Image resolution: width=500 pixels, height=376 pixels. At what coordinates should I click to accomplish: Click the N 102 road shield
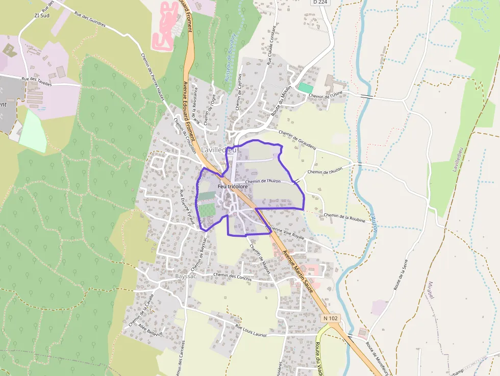[x=331, y=318]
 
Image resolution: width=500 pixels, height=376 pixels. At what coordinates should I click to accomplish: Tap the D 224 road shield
[x=320, y=2]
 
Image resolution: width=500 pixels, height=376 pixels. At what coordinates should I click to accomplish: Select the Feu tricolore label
[x=233, y=187]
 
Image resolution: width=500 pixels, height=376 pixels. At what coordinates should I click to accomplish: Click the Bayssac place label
[x=186, y=276]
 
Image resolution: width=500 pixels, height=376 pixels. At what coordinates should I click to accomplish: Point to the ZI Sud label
[x=41, y=15]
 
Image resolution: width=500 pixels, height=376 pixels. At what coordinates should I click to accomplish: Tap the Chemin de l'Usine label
[x=326, y=95]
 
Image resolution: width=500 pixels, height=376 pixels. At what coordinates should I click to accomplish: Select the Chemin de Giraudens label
[x=297, y=140]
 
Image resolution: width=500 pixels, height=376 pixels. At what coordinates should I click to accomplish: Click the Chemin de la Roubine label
[x=344, y=218]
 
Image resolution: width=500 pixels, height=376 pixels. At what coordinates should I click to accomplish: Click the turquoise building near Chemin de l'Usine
[x=306, y=88]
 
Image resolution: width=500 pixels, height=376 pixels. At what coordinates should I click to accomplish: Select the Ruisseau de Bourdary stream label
[x=229, y=58]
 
